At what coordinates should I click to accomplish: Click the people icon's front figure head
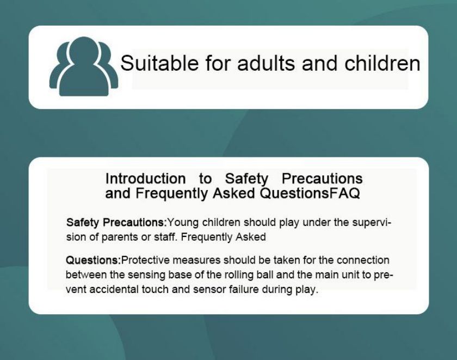pos(84,52)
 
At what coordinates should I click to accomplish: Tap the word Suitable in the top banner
pos(159,63)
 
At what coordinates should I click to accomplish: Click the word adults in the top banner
pos(266,63)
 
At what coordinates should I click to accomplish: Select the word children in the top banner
pos(382,63)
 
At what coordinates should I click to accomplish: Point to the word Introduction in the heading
pos(145,179)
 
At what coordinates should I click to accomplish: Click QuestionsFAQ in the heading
pos(310,193)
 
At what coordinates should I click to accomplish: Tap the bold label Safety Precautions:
pos(116,223)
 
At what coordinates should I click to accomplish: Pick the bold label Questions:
pos(93,260)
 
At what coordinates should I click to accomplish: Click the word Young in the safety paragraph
pos(183,223)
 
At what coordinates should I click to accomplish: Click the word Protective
pos(145,260)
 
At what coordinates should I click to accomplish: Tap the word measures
pos(197,260)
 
